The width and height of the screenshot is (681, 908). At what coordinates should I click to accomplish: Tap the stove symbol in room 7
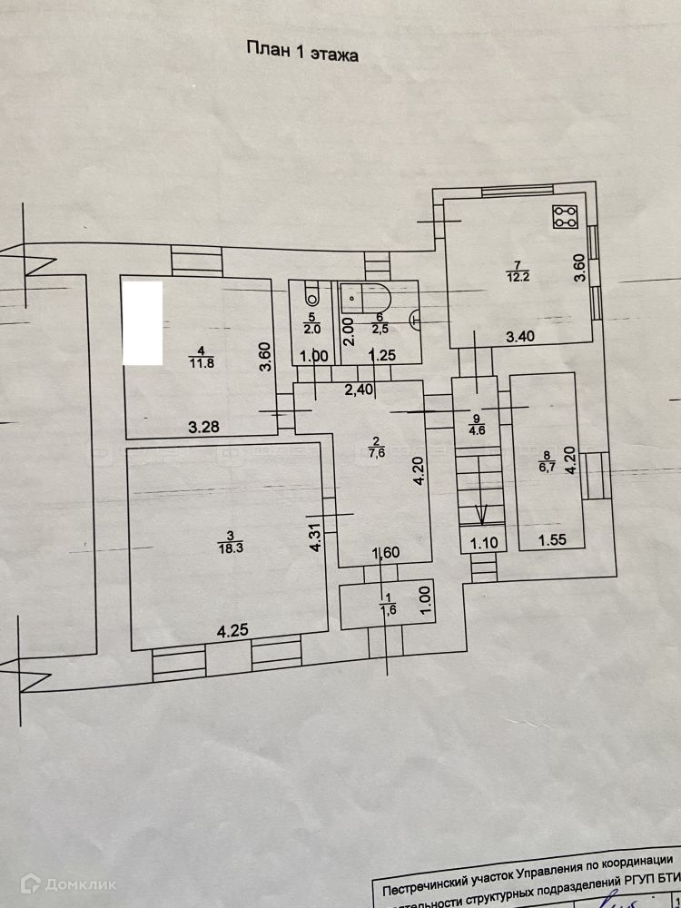tap(566, 217)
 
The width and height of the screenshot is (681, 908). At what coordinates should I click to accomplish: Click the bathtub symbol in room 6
tap(367, 296)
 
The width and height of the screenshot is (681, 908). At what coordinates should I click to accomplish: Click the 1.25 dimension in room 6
tap(382, 357)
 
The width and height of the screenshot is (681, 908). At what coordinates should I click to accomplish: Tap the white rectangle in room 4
tap(142, 323)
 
